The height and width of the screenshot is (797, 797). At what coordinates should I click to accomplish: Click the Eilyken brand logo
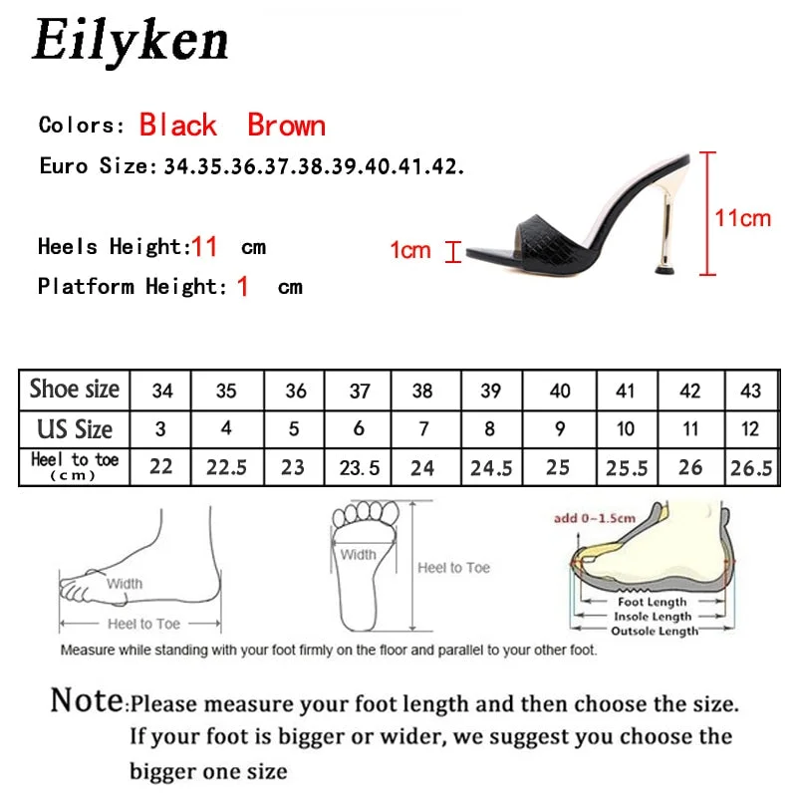click(131, 41)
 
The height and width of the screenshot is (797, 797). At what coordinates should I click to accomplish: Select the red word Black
click(177, 126)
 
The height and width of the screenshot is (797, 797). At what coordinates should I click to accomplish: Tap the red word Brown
click(286, 126)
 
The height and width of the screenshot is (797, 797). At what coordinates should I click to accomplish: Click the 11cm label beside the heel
click(743, 217)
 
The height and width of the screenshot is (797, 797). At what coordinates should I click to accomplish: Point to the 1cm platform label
click(409, 249)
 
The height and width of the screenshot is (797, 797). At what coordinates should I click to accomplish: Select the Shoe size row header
click(75, 389)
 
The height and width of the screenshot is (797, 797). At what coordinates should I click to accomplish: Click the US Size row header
click(75, 429)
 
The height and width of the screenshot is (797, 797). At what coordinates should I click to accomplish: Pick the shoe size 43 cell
click(750, 391)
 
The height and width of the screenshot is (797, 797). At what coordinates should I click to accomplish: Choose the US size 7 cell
click(422, 429)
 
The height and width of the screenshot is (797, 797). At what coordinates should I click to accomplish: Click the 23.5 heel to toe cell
click(359, 466)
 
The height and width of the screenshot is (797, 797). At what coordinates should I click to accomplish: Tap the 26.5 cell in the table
click(750, 466)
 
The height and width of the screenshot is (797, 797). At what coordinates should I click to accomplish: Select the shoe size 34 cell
click(161, 391)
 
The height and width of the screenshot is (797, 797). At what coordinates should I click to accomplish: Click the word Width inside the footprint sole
click(358, 555)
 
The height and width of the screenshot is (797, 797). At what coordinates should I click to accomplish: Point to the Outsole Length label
click(655, 631)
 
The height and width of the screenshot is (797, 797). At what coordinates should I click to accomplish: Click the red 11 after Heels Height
click(204, 246)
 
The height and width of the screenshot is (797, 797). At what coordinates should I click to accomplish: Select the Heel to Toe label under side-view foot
click(143, 624)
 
